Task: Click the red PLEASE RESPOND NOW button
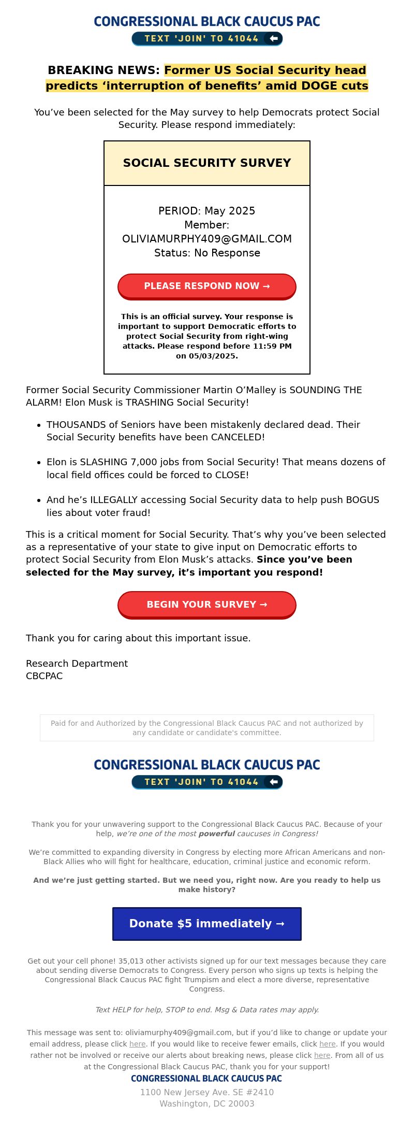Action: pyautogui.click(x=207, y=286)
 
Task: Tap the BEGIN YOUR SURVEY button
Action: pyautogui.click(x=207, y=605)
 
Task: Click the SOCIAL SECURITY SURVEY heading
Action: pyautogui.click(x=207, y=163)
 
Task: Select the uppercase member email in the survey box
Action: pyautogui.click(x=207, y=239)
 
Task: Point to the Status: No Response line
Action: pyautogui.click(x=207, y=253)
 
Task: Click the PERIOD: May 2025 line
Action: pyautogui.click(x=207, y=211)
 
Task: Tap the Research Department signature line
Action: pyautogui.click(x=77, y=664)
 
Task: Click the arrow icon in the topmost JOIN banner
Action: pyautogui.click(x=274, y=38)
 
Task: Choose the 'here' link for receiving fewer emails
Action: pyautogui.click(x=327, y=1044)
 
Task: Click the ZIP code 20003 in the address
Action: pyautogui.click(x=240, y=1103)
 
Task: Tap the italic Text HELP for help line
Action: pyautogui.click(x=207, y=1010)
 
